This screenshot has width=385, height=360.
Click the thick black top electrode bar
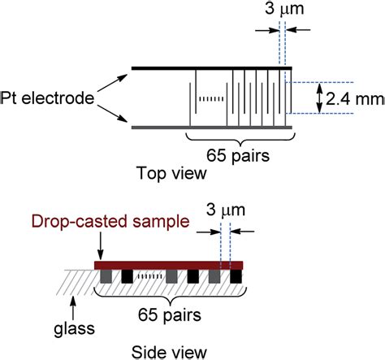click(x=211, y=67)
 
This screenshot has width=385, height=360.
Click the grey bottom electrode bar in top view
click(x=211, y=127)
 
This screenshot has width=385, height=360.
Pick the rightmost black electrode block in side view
click(x=236, y=277)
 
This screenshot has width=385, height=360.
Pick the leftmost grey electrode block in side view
click(x=106, y=277)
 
